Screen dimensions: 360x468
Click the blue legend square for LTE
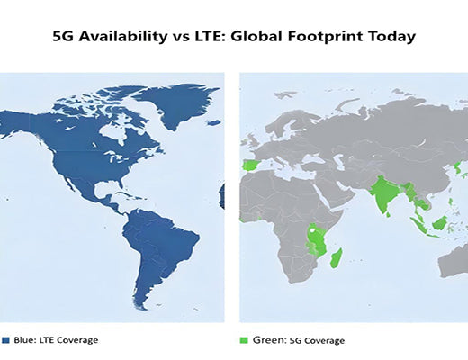pyautogui.click(x=5, y=340)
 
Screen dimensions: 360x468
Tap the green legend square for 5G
pyautogui.click(x=245, y=340)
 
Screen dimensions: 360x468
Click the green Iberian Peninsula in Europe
pyautogui.click(x=249, y=168)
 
